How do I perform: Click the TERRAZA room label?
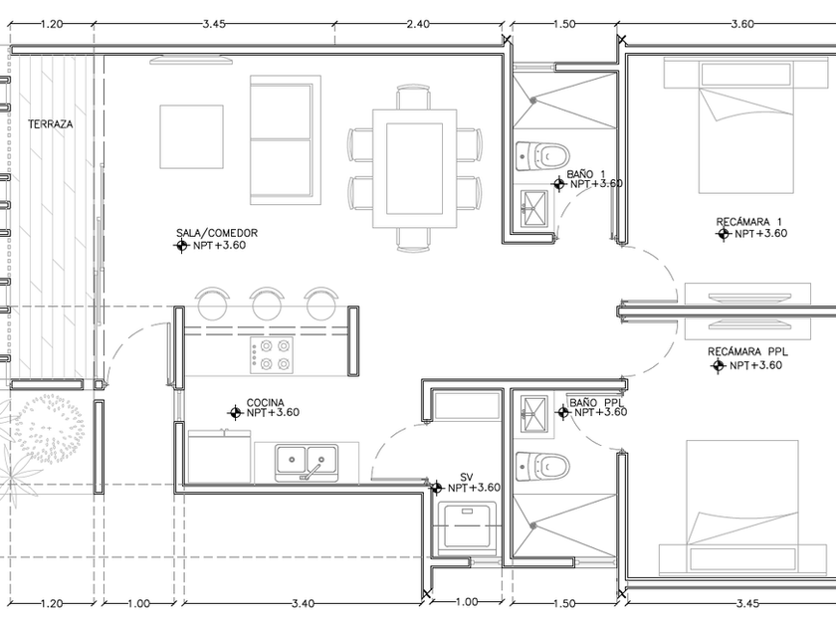coord(50,124)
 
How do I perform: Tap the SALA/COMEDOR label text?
coord(217,233)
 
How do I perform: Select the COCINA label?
coord(265,402)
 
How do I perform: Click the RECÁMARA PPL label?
coord(747,352)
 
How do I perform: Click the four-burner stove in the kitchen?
coord(272,355)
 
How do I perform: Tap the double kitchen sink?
coord(307,463)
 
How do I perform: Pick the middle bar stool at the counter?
coord(267,303)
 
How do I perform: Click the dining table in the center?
coord(414,169)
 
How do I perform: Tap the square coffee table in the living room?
coord(191,136)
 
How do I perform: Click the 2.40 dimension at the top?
coord(417,24)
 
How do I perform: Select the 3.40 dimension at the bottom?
coord(303,603)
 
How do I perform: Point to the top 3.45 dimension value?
coord(214,24)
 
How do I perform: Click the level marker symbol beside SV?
coord(436,488)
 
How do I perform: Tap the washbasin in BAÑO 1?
coord(533,209)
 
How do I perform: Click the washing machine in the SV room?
coord(467,526)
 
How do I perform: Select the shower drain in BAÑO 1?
coord(533,100)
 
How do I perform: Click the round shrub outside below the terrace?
coord(49,428)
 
